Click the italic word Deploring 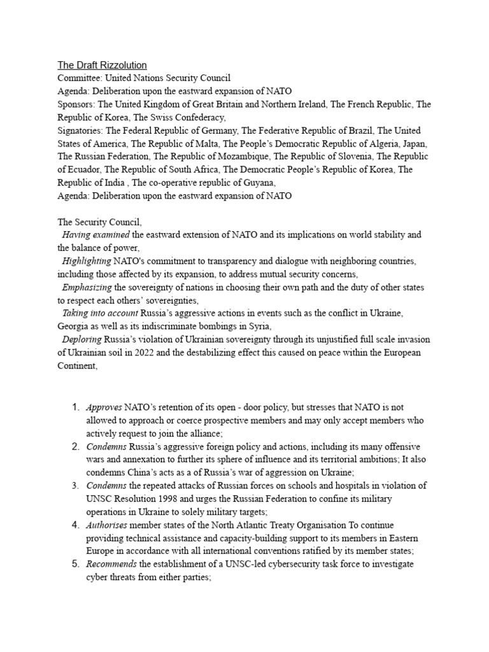81,339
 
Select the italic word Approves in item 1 104,407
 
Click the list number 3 74,486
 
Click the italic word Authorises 107,525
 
